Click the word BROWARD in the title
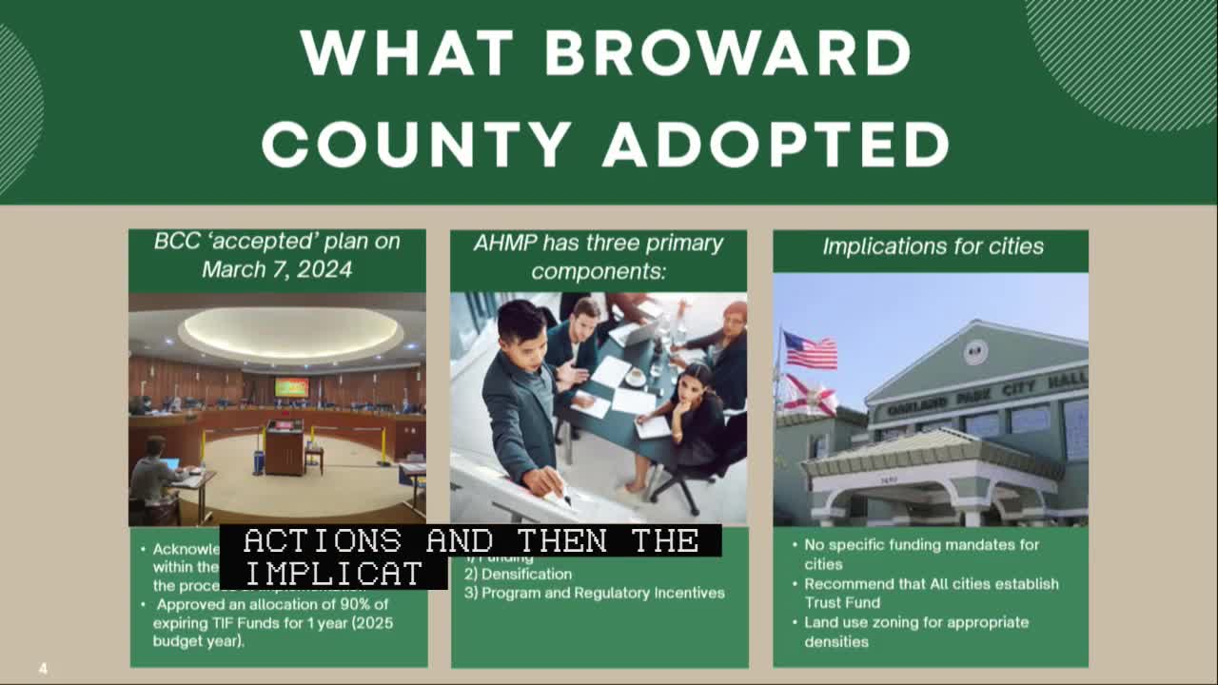pos(728,53)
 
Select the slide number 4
pos(43,669)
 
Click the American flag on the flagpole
pos(810,351)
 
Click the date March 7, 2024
pos(277,269)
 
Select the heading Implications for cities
pos(933,246)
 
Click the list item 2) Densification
pos(518,574)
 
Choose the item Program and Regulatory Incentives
pos(602,593)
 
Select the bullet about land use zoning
pos(915,631)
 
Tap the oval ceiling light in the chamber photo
pos(290,332)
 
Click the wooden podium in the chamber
pos(284,446)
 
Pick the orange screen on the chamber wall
pos(291,387)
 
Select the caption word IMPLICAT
pos(333,573)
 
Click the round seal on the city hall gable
pos(974,352)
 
